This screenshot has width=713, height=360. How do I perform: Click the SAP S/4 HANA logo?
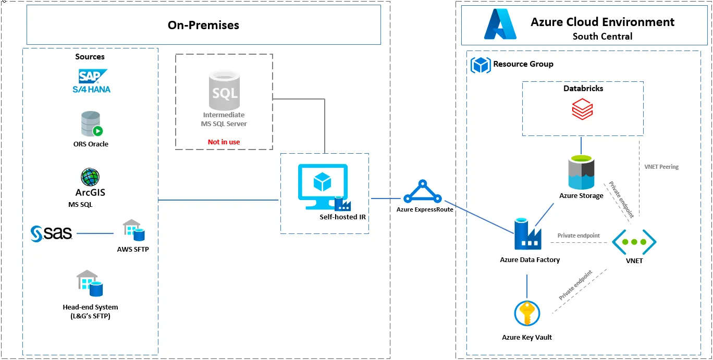click(x=92, y=81)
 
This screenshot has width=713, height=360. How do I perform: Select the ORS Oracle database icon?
click(x=92, y=123)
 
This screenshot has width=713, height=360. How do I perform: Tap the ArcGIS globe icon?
click(x=90, y=177)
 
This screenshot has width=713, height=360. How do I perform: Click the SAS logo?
click(x=51, y=233)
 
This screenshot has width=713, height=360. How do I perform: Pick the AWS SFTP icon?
click(x=133, y=230)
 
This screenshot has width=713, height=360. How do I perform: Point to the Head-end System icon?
click(x=90, y=283)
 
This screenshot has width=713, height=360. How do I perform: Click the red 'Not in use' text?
click(x=224, y=142)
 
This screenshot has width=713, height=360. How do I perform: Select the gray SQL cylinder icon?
click(x=225, y=91)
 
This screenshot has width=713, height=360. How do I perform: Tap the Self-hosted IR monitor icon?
click(x=324, y=187)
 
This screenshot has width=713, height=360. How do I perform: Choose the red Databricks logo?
click(x=582, y=109)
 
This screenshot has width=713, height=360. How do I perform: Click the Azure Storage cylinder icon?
click(x=581, y=172)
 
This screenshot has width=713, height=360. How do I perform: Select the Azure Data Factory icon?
click(x=527, y=234)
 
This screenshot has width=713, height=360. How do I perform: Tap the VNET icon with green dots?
click(x=634, y=242)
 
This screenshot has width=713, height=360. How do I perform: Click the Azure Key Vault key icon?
click(x=527, y=314)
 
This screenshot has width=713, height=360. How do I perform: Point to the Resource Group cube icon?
click(x=481, y=65)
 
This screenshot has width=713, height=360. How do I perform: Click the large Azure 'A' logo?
click(x=500, y=24)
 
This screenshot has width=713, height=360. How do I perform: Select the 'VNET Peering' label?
click(x=661, y=167)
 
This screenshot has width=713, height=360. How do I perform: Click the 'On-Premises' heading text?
click(x=203, y=25)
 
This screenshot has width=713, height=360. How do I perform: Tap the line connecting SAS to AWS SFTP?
click(x=95, y=233)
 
